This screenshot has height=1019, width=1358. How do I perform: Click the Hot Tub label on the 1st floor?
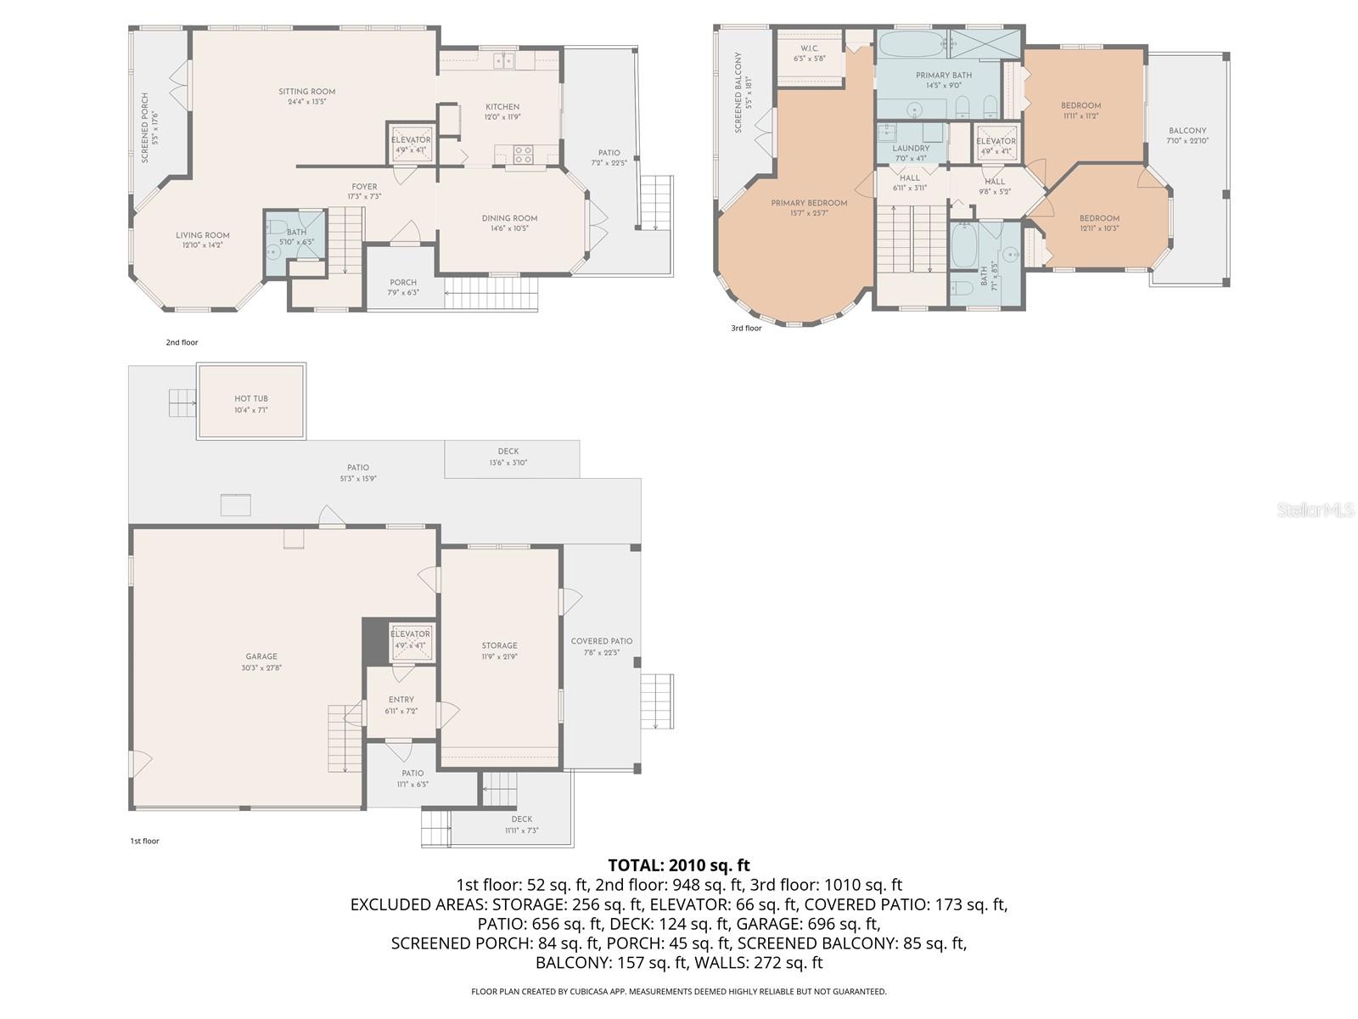[251, 404]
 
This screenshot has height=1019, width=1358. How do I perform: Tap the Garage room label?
[261, 662]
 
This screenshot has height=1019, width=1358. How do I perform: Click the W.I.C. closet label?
[809, 53]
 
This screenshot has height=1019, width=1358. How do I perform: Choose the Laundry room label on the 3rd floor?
[911, 153]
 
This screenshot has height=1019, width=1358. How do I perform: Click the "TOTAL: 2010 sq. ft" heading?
[679, 866]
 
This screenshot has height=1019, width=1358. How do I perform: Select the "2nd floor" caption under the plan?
[182, 342]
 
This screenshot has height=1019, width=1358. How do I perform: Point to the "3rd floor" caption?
[746, 328]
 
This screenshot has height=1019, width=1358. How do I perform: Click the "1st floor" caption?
[144, 841]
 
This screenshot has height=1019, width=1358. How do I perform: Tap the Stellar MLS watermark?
[1316, 509]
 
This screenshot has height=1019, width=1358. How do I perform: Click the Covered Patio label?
[601, 646]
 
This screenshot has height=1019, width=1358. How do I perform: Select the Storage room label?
[499, 650]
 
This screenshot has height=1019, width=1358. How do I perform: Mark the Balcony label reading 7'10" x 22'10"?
[1187, 136]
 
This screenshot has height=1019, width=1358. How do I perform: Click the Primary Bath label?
[944, 80]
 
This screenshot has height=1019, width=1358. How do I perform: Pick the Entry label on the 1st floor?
[401, 705]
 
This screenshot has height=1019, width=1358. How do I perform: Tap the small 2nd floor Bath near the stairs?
[296, 236]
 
